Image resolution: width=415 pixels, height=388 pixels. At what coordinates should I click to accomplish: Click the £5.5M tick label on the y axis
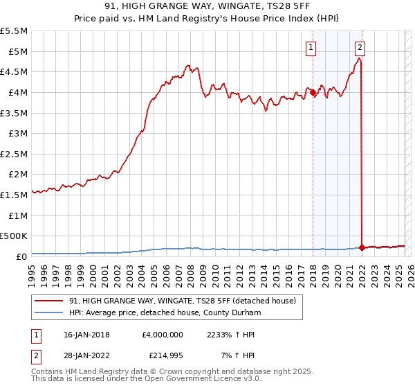tap(14, 31)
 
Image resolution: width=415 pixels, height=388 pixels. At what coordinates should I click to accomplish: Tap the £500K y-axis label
tap(14, 236)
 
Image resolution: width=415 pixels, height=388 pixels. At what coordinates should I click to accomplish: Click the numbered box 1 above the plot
tap(312, 48)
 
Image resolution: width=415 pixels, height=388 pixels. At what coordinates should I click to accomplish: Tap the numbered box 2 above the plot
tap(361, 48)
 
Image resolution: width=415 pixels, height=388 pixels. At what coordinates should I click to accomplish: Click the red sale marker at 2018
tap(313, 92)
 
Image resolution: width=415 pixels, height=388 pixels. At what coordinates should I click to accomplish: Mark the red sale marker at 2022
tap(362, 247)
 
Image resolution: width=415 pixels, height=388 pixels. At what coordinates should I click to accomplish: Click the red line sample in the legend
tap(50, 301)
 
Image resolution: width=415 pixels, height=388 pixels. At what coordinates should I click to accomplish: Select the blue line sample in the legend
tap(50, 312)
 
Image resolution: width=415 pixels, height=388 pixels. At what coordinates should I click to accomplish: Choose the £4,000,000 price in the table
tap(162, 334)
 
